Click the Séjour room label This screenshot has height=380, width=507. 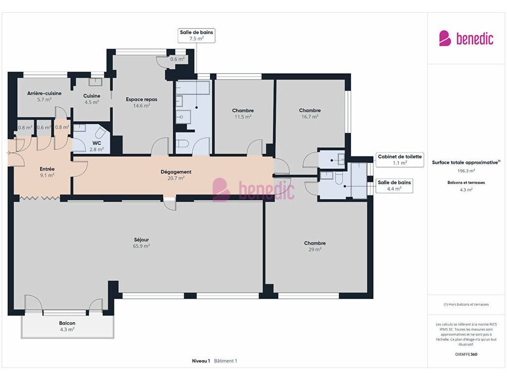click(x=141, y=240)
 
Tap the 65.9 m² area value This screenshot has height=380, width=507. click(x=141, y=246)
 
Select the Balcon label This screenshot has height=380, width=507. click(x=67, y=323)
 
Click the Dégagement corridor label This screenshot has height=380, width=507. click(x=176, y=172)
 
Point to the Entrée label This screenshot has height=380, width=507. click(x=47, y=169)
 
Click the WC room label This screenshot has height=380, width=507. click(x=97, y=143)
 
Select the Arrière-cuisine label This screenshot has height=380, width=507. click(x=44, y=94)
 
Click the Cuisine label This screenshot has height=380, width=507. click(x=92, y=96)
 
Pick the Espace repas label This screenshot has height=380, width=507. click(x=142, y=99)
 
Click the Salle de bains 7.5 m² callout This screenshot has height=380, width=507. click(x=196, y=36)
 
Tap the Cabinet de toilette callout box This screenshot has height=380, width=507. click(x=400, y=160)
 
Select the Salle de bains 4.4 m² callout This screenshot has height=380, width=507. click(x=394, y=186)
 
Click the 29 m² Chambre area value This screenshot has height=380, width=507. click(x=315, y=250)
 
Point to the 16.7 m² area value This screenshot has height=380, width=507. click(x=310, y=117)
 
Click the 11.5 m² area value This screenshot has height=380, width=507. click(x=243, y=117)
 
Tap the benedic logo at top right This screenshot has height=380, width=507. click(x=466, y=39)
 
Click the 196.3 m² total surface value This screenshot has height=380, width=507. click(x=466, y=171)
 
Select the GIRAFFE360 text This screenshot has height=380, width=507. click(x=466, y=354)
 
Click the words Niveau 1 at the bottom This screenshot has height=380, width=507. click(x=201, y=361)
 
